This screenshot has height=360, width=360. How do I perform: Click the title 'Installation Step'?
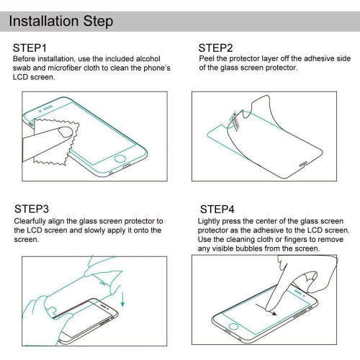pos(61,21)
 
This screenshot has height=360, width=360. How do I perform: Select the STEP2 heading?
pos(215,48)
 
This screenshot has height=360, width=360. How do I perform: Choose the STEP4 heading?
pos(215,210)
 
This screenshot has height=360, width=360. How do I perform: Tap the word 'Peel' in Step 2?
pos(206,58)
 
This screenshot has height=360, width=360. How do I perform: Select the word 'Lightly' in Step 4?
pos(210,220)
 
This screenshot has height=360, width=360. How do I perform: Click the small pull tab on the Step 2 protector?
pos(235,120)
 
